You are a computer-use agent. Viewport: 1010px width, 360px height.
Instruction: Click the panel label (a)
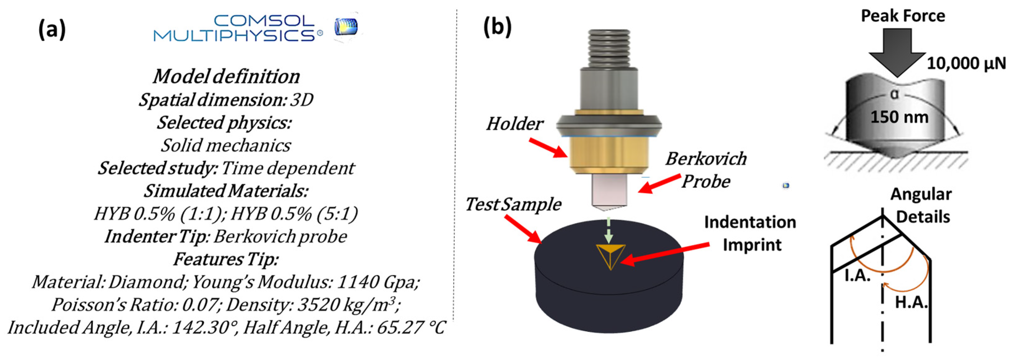(x=52, y=29)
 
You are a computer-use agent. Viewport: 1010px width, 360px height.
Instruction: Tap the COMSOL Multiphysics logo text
(x=238, y=28)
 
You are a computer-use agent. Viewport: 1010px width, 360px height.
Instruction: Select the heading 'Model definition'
(x=226, y=76)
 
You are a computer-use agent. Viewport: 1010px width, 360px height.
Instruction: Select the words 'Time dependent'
(x=287, y=168)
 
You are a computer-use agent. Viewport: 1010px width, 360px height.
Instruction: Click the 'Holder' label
(x=514, y=124)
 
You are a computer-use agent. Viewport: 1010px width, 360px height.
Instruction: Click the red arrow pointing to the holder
(x=548, y=148)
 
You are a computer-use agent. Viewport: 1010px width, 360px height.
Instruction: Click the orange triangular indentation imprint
(x=610, y=256)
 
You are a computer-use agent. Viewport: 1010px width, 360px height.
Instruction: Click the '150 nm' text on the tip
(x=899, y=117)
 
